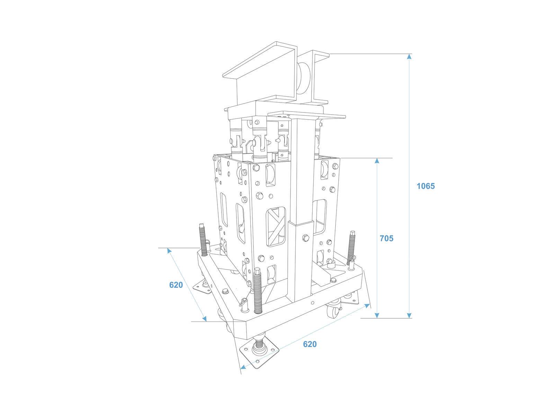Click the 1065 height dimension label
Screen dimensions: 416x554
425,186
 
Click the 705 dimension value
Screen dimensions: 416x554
386,238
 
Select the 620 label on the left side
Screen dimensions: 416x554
176,285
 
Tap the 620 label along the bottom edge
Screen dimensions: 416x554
310,344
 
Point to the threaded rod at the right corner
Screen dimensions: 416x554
353,248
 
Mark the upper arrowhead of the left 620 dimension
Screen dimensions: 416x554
169,251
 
